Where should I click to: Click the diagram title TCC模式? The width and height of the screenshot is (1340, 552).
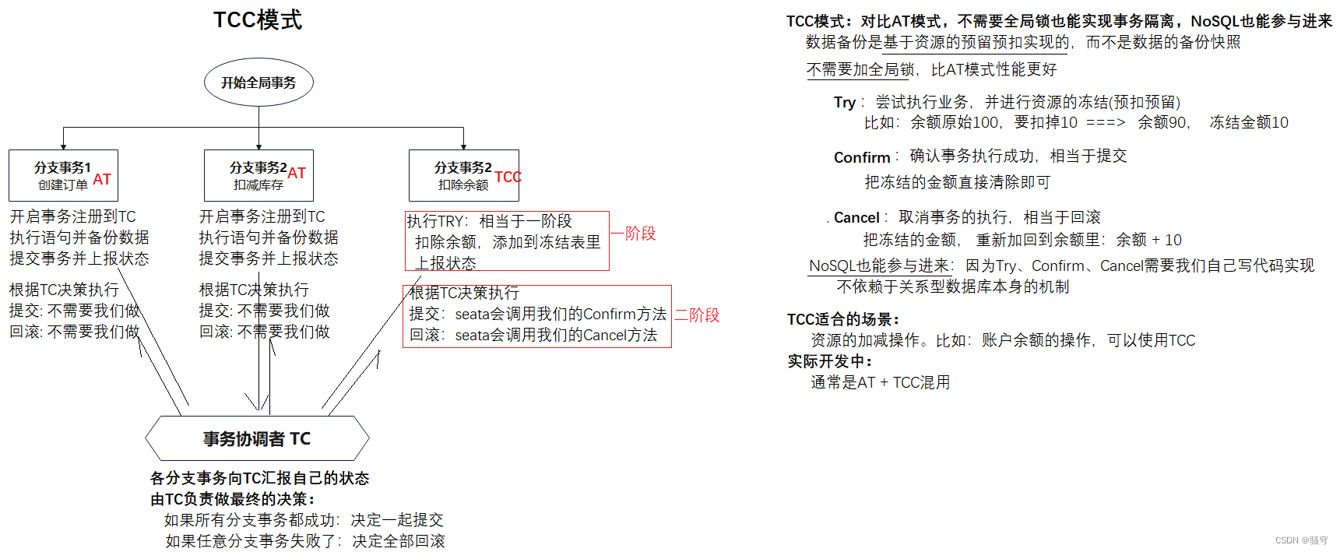[x=258, y=19]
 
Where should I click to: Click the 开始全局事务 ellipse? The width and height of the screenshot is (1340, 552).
[x=259, y=83]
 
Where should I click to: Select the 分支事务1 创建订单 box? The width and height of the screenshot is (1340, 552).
[x=63, y=176]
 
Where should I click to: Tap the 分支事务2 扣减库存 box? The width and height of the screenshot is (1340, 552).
[x=259, y=176]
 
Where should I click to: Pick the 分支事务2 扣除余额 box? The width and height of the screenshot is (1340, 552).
[x=463, y=176]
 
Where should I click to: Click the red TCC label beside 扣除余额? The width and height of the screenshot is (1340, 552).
[x=508, y=178]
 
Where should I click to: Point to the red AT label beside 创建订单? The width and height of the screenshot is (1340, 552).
[x=102, y=180]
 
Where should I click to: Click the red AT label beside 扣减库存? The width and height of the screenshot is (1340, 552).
[x=297, y=174]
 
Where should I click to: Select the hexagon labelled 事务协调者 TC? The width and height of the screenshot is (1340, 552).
[x=257, y=439]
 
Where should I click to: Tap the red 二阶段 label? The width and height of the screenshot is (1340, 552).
[x=697, y=315]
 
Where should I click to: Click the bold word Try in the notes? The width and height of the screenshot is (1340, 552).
[x=845, y=103]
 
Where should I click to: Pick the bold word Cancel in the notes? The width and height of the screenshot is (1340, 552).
[x=856, y=218]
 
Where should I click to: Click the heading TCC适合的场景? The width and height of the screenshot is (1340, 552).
[x=843, y=319]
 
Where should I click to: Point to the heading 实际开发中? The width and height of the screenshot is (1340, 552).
[x=830, y=361]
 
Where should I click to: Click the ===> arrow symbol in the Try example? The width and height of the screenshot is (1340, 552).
[x=1106, y=123]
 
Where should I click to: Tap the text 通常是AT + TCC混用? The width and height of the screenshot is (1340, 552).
[x=881, y=382]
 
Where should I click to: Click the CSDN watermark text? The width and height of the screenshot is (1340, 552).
[x=1301, y=540]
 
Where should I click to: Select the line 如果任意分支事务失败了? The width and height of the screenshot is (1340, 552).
[x=305, y=541]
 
